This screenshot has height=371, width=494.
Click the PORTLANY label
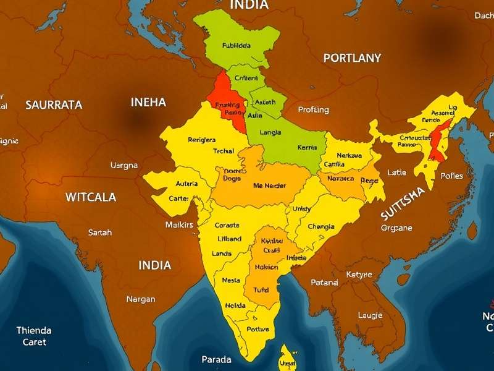(x=352, y=58)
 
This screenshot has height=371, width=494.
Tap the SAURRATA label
(x=54, y=105)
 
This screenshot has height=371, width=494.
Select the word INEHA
(x=148, y=102)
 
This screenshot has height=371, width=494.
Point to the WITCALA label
(x=91, y=197)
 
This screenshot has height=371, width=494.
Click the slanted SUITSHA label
(x=403, y=203)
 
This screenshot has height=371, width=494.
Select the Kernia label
(x=307, y=148)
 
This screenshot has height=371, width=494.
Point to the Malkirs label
(x=179, y=224)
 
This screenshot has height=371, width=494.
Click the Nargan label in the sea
(x=140, y=299)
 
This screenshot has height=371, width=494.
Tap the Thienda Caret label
(x=34, y=336)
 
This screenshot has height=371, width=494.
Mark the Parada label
(x=216, y=359)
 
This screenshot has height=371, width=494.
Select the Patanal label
(x=324, y=283)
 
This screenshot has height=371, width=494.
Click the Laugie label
(x=370, y=315)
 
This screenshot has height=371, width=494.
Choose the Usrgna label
(x=124, y=166)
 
